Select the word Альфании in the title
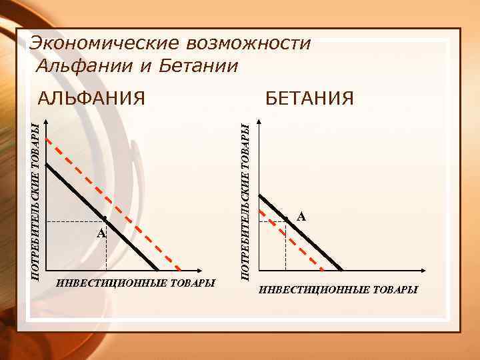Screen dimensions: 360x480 pyautogui.click(x=79, y=65)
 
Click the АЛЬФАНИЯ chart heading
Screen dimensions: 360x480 pyautogui.click(x=91, y=99)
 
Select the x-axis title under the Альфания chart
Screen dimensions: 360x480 pyautogui.click(x=136, y=283)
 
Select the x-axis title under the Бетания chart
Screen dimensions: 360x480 pyautogui.click(x=338, y=290)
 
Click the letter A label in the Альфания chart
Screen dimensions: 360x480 pyautogui.click(x=100, y=233)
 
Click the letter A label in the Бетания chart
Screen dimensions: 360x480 pyautogui.click(x=301, y=217)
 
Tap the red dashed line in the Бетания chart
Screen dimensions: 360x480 pyautogui.click(x=303, y=247)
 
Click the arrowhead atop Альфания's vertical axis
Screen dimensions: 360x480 pyautogui.click(x=45, y=121)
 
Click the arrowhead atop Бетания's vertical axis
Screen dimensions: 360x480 pyautogui.click(x=258, y=121)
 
